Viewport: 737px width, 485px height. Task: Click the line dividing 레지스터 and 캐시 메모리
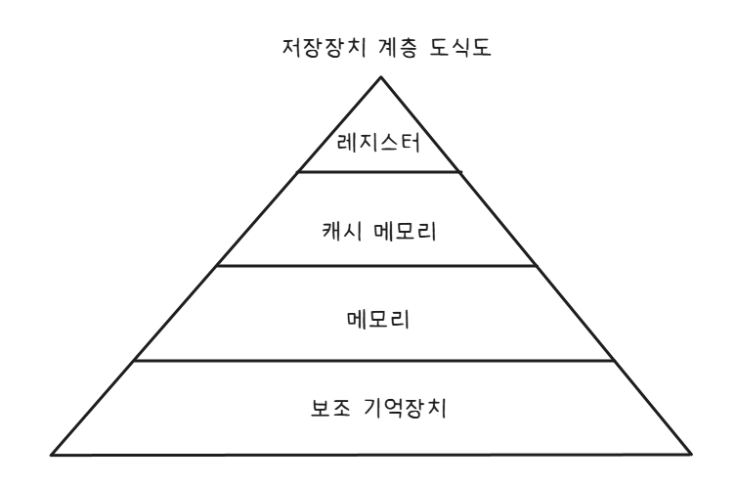tap(376, 171)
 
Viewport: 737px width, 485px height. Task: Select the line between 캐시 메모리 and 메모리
tap(376, 265)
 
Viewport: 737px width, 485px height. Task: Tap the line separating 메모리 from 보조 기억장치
tap(376, 360)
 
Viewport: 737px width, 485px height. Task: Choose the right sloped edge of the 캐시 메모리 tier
tap(499, 218)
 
